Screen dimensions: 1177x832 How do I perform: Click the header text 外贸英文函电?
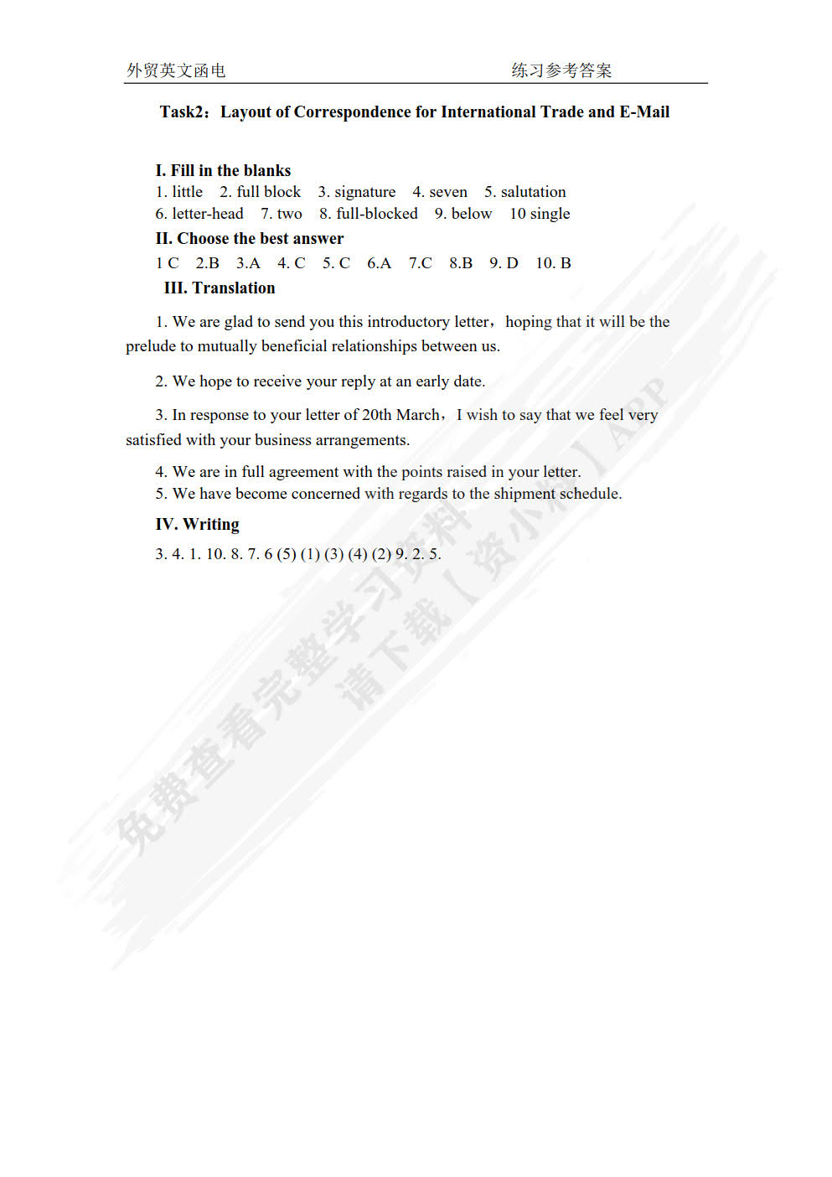coord(176,70)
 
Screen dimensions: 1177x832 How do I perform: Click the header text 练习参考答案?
coord(561,70)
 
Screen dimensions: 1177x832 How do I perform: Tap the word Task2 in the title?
coord(182,112)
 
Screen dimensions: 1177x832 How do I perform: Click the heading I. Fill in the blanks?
coord(223,171)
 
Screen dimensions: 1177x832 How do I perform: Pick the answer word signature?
coord(364,192)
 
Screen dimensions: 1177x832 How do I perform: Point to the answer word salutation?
coord(533,192)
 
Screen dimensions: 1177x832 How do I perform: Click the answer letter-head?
coord(207,214)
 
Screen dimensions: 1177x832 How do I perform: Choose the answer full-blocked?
coord(376,214)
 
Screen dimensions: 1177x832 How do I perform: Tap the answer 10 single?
coord(540,214)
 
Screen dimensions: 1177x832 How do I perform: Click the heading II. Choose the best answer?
coord(249,239)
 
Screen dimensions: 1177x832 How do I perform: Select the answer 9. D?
coord(504,263)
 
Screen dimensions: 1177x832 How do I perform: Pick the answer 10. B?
coord(553,263)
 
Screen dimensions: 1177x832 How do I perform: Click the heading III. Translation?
coord(220,288)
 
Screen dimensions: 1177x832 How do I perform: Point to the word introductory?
coord(408,322)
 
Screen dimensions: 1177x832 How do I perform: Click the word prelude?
coord(151,346)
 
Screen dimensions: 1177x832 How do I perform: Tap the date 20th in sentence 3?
coord(377,415)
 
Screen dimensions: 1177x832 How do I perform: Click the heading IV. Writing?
coord(197,525)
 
